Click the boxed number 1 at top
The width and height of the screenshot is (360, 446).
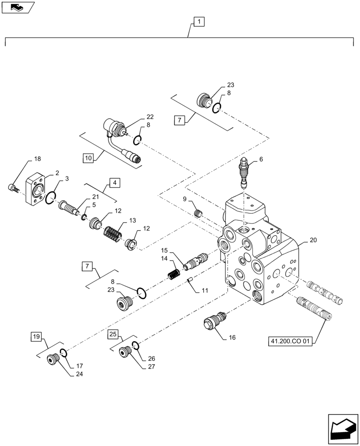click(x=198, y=21)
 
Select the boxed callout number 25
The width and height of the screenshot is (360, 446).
click(x=113, y=334)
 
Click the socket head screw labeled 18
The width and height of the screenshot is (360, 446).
click(x=13, y=188)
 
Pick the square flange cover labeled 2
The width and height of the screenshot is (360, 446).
click(x=37, y=190)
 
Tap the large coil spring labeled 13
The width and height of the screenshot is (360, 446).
click(x=112, y=233)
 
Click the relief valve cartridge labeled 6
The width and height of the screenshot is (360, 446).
click(x=245, y=173)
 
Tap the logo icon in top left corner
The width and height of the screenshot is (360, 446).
click(x=17, y=7)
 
